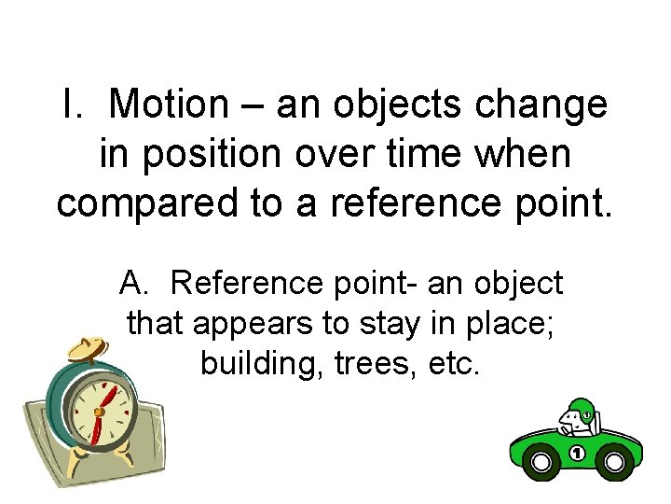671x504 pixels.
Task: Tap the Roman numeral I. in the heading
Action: click(x=72, y=105)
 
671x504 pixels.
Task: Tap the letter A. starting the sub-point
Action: click(x=134, y=281)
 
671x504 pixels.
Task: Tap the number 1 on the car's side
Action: click(x=577, y=455)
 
